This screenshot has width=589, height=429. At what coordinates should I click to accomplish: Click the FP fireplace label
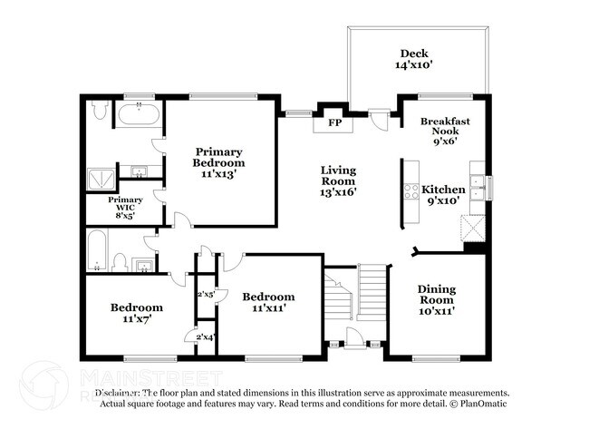pos(333,122)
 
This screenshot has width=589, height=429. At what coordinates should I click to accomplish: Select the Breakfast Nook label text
pos(445,131)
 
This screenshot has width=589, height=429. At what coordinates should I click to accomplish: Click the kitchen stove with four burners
pos(410,191)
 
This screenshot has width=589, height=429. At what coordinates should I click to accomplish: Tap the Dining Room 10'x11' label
pos(437,300)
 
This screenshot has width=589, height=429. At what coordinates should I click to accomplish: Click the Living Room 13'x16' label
pos(339,180)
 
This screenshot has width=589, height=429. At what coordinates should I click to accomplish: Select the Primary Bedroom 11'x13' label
pos(218,162)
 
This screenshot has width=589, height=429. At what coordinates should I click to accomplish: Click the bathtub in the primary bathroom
pos(140,116)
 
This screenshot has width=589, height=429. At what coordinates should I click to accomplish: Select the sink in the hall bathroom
pos(141,265)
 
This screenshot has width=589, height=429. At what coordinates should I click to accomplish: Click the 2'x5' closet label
pos(206,294)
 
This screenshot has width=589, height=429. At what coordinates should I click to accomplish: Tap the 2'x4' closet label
pos(206,337)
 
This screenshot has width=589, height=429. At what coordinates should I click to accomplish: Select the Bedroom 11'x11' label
pos(268,302)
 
